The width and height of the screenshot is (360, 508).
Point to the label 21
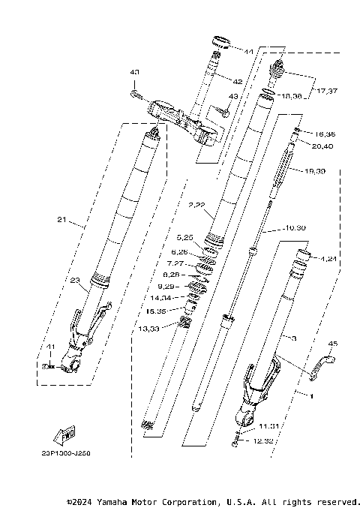pos(61,221)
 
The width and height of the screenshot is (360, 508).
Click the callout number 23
pos(75,281)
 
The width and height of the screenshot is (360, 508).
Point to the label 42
pos(236,81)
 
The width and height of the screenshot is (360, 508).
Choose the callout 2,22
pos(196,204)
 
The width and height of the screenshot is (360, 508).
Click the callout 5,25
pos(184,238)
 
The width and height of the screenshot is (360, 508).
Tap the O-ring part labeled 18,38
pos(266,95)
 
